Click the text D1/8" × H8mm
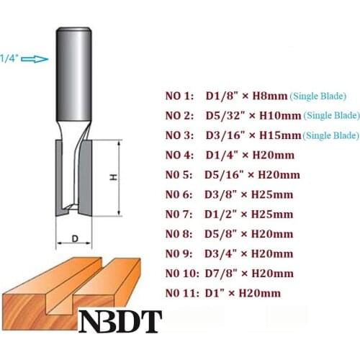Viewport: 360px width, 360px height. pos(247,96)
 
